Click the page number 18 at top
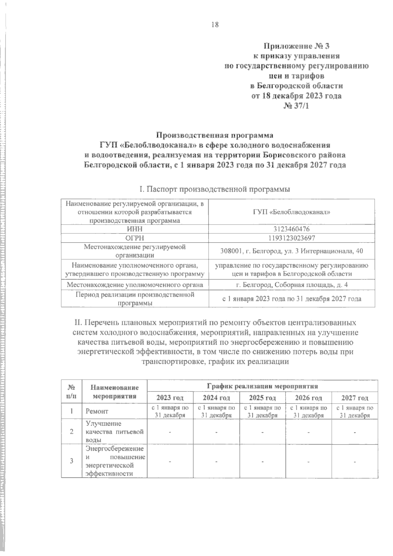pos(215,25)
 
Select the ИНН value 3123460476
pos(292,229)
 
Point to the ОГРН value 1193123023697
pos(292,238)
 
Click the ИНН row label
pos(135,229)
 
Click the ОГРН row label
pos(135,238)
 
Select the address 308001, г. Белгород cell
pos(292,251)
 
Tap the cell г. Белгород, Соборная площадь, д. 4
pos(292,285)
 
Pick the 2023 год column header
pos(170,398)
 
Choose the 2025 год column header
pos(262,398)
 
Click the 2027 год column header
pos(355,398)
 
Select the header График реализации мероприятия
pos(262,386)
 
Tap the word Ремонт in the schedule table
pos(97,411)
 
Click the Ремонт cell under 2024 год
pos(216,411)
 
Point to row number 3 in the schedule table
pos(71,461)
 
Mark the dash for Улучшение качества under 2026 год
pos(309,432)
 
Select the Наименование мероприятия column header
pos(115,391)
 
